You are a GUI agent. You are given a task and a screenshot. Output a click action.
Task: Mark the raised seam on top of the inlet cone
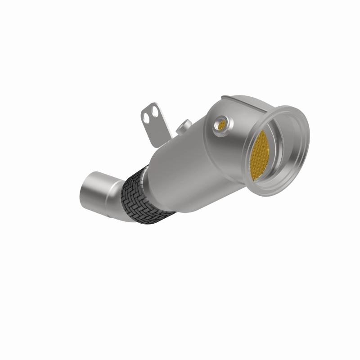(238, 97)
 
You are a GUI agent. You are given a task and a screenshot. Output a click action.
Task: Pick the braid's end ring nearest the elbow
(130, 211)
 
